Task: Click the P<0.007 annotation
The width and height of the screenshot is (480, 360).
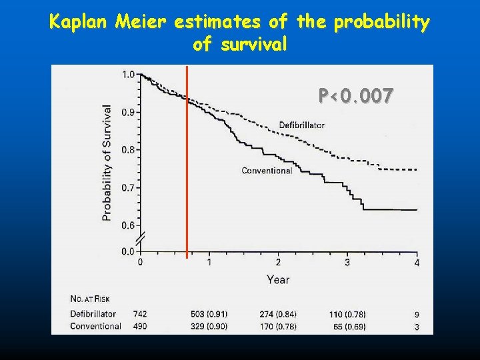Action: (x=356, y=96)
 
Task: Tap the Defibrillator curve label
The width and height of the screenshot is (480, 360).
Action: (x=301, y=125)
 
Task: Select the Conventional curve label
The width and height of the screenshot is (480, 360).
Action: (x=267, y=171)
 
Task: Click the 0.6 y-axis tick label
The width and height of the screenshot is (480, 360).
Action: (x=127, y=225)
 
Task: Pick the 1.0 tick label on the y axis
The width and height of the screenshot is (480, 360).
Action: (x=127, y=74)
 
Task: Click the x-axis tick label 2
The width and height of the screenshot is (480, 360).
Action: (x=278, y=262)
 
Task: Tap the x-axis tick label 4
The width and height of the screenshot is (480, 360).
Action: (x=417, y=262)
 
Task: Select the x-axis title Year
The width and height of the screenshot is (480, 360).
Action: (x=278, y=279)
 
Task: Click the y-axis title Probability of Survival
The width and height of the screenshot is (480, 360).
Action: (x=107, y=162)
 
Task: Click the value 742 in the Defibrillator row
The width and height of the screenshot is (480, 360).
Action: (x=140, y=314)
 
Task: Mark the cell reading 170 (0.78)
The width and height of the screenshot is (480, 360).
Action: (x=278, y=326)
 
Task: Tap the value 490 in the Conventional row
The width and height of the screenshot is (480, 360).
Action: (x=140, y=326)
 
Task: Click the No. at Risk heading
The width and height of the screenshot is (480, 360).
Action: (x=93, y=297)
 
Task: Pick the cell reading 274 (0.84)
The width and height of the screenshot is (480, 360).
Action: (x=278, y=314)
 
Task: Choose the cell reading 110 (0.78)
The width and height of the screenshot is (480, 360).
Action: (x=348, y=314)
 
